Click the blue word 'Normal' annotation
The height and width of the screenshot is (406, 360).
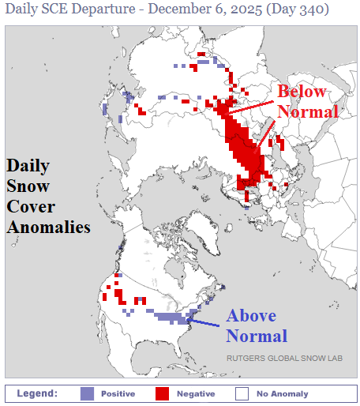[257, 336]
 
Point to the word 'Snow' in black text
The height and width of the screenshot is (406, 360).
[28, 186]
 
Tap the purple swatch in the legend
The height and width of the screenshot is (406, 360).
[87, 393]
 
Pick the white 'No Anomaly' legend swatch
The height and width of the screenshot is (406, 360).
[242, 393]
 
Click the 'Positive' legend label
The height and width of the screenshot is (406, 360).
[118, 393]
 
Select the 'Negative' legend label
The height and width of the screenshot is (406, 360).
[195, 393]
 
